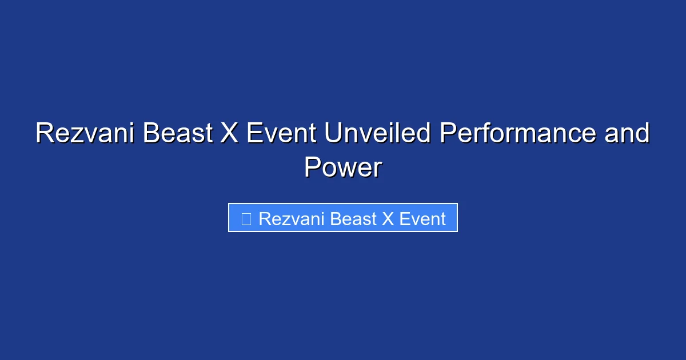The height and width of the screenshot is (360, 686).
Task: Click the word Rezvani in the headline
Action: [85, 134]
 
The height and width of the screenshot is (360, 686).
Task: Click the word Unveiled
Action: [377, 134]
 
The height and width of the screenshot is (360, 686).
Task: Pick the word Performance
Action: [517, 134]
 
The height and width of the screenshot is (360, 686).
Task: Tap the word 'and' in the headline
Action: [627, 134]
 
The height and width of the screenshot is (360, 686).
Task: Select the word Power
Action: [342, 168]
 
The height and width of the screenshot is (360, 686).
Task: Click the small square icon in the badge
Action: [246, 219]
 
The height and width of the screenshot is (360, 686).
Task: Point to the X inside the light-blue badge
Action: [389, 219]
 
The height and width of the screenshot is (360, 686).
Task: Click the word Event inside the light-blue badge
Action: [422, 219]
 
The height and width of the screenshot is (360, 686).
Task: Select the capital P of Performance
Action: [448, 134]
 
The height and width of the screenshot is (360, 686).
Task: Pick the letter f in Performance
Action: [490, 134]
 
